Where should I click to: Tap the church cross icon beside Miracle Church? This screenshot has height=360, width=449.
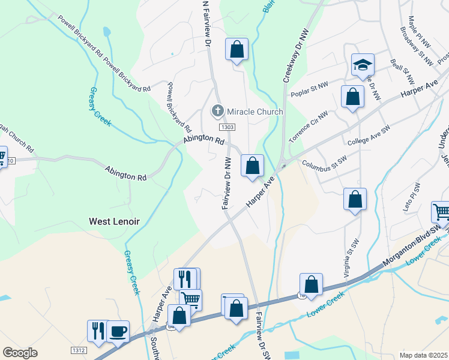pyautogui.click(x=217, y=111)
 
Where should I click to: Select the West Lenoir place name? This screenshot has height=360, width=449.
pyautogui.click(x=114, y=221)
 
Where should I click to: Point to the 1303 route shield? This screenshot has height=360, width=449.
pyautogui.click(x=227, y=127)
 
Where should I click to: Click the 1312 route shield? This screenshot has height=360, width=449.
pyautogui.click(x=79, y=350)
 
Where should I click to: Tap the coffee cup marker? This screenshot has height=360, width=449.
pyautogui.click(x=118, y=331)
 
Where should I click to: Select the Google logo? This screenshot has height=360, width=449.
pyautogui.click(x=20, y=353)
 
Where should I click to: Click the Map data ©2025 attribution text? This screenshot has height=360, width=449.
pyautogui.click(x=423, y=355)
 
